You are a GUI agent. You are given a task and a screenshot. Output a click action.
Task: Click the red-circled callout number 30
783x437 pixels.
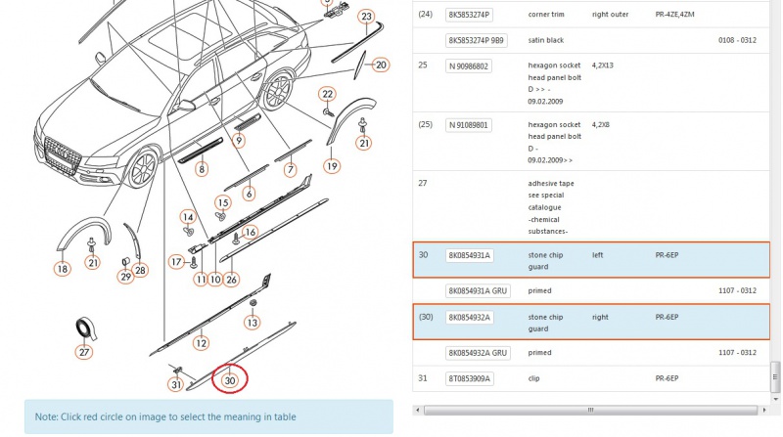point(230,379)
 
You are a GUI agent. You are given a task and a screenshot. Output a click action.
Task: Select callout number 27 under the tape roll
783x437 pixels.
point(84,352)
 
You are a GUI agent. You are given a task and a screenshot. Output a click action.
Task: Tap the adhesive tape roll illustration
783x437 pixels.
point(86,328)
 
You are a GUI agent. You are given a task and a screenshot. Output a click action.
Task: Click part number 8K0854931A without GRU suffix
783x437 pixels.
point(470,255)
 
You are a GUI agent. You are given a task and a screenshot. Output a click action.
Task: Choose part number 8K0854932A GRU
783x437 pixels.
point(478,353)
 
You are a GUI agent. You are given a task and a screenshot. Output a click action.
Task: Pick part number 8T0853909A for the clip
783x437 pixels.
point(470,378)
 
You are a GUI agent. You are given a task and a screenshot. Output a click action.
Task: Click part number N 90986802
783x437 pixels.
point(469,66)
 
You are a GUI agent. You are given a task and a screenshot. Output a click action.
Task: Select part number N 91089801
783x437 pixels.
point(469,125)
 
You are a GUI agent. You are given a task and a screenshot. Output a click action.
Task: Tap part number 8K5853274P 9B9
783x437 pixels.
point(477,40)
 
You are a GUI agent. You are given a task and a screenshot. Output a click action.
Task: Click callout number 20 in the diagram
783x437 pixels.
point(381,65)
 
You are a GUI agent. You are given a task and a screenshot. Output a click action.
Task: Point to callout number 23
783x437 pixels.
point(366,17)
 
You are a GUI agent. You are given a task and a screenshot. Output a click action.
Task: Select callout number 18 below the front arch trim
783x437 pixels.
point(63,269)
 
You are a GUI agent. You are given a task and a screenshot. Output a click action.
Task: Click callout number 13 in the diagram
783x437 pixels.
point(253,323)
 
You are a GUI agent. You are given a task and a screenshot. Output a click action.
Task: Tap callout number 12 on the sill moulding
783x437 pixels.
point(202,343)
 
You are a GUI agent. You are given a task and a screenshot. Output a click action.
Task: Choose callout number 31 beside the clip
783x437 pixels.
point(176,384)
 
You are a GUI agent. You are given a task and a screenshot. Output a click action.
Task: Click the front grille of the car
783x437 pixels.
point(63,155)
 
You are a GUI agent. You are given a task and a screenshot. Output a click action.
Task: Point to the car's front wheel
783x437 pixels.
point(142,168)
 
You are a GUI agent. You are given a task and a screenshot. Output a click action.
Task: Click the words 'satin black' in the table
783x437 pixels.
point(546,40)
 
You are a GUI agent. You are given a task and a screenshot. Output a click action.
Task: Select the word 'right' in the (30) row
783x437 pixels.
point(600,318)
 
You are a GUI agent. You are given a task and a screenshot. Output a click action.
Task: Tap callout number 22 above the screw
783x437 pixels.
point(328,94)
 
